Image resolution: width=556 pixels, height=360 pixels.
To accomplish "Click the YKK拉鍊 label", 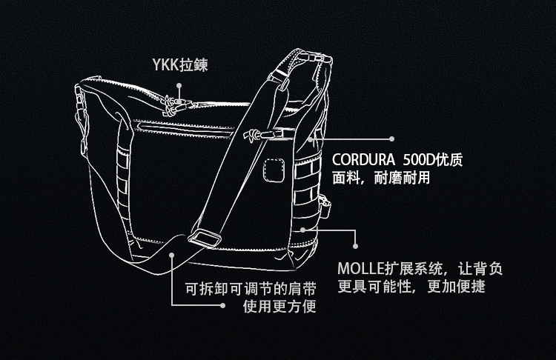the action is point(179,65).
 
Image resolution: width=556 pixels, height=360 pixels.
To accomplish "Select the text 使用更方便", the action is point(279,306).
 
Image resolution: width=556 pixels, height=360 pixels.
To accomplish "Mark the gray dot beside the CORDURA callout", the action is point(393,139).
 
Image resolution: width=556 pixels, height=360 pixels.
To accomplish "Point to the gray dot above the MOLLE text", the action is point(355,244).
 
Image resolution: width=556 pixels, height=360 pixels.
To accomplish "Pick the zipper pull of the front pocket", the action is point(254,135).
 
